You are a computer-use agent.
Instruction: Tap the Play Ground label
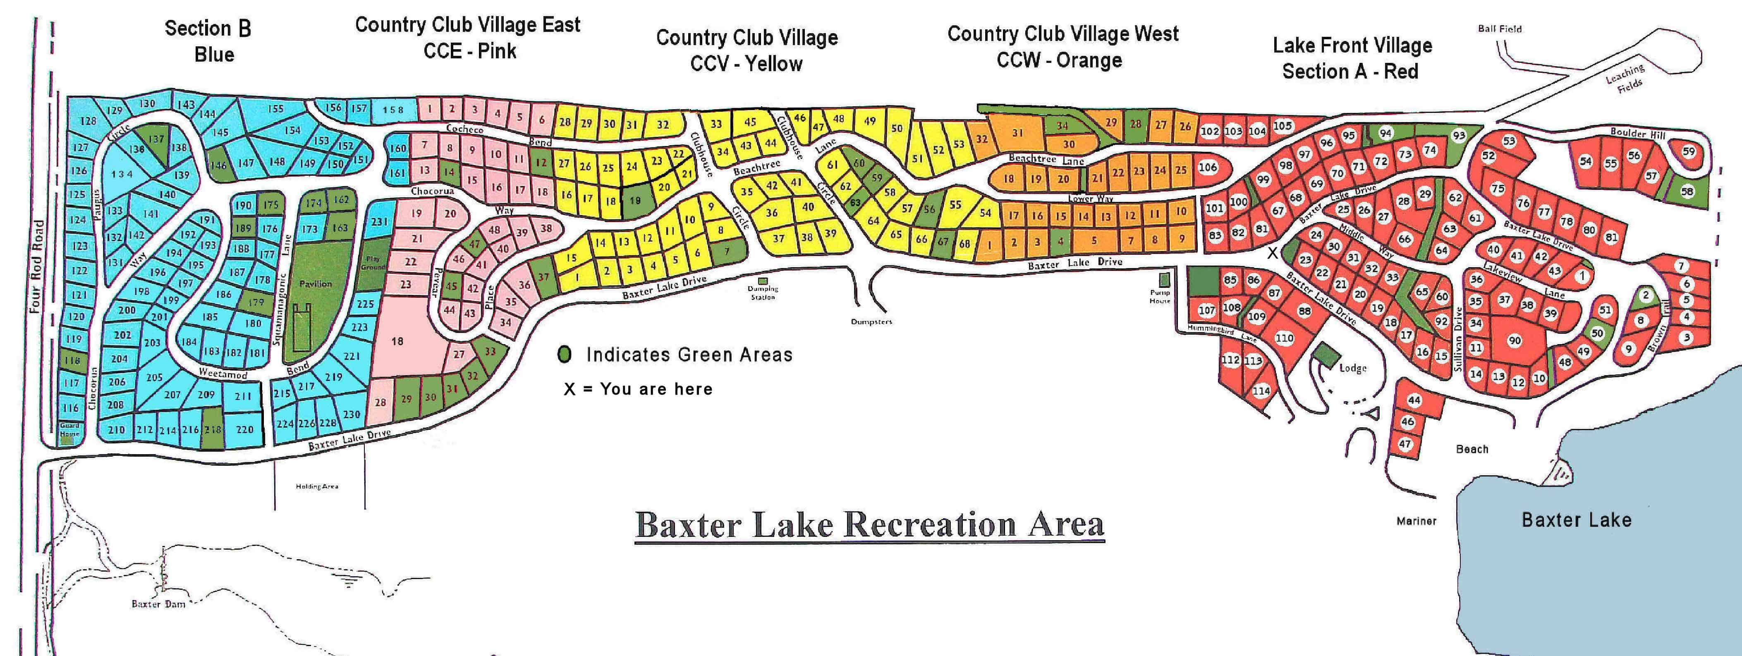click(x=374, y=262)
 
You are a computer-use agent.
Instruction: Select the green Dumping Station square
click(x=763, y=281)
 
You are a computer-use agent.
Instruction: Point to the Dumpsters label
click(x=872, y=322)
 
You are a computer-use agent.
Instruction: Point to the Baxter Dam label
click(x=158, y=604)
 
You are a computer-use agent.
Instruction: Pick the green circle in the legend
click(x=565, y=354)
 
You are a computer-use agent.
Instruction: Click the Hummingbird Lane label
click(x=1222, y=332)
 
